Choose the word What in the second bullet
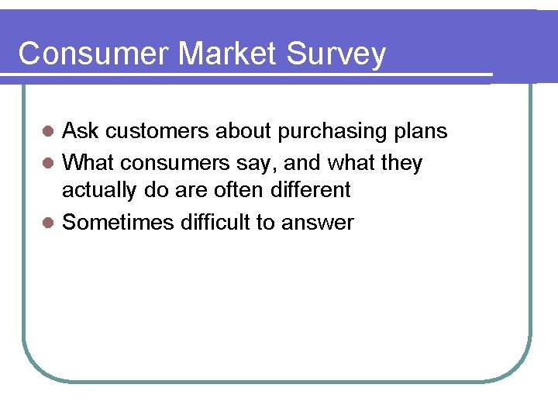tap(88, 163)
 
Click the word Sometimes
tap(118, 223)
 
